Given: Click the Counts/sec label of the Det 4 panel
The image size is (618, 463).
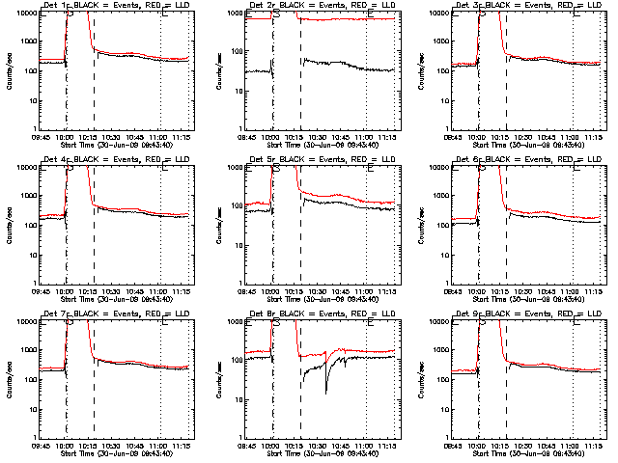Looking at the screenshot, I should click(x=11, y=223).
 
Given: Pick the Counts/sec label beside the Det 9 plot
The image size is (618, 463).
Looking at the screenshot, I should click(x=423, y=377).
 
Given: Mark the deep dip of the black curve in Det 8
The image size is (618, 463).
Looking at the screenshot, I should click(x=326, y=392).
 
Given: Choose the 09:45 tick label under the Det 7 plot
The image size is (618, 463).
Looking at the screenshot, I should click(x=40, y=446).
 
